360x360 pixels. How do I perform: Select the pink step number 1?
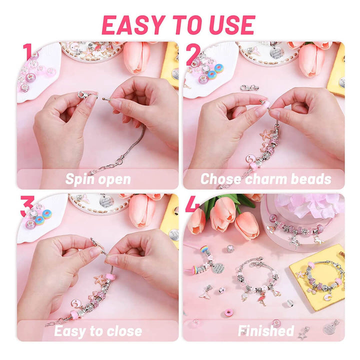click(x=28, y=52)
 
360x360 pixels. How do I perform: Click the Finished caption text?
click(x=266, y=331)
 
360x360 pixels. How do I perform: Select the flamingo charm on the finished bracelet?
click(x=261, y=299)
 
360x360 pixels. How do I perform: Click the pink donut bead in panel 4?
click(x=229, y=312)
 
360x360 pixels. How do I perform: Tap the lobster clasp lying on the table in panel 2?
click(x=249, y=87)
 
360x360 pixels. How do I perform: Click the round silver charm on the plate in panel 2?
click(x=276, y=52)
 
